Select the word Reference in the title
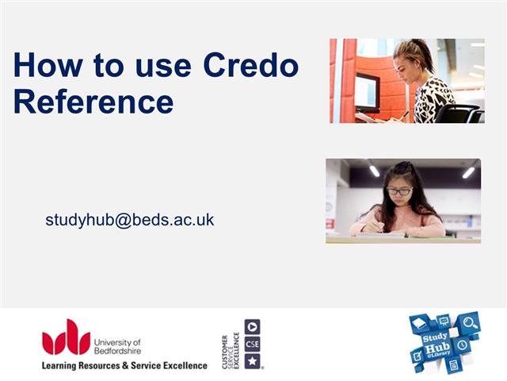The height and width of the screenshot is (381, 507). tap(93, 101)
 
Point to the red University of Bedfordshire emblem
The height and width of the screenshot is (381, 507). tap(66, 337)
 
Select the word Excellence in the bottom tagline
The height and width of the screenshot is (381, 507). tap(177, 365)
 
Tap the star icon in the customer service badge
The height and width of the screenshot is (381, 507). tap(252, 361)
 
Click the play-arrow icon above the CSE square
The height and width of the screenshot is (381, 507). tap(252, 326)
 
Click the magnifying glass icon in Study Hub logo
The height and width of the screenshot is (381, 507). tap(471, 323)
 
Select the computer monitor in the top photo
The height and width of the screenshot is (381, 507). tap(367, 91)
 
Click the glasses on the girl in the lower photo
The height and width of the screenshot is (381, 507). tap(400, 191)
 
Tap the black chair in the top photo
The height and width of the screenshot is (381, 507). tap(460, 114)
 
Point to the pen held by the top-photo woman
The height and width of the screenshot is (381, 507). tap(402, 115)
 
